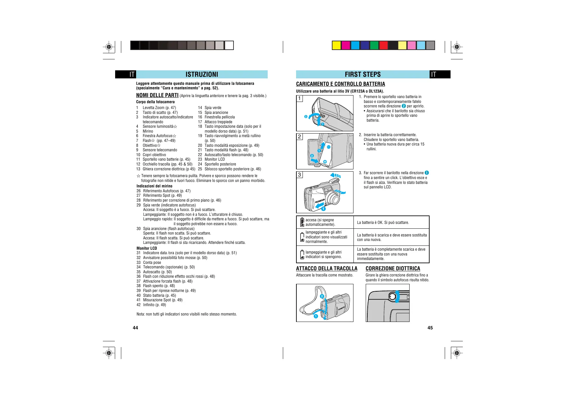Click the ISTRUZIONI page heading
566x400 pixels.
pos(202,75)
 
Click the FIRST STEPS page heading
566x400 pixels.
pos(362,75)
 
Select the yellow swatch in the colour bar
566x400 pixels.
pos(336,45)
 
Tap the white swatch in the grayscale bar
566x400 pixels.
pos(229,45)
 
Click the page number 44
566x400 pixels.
pos(135,328)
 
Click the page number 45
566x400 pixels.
pos(430,328)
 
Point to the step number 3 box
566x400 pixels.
pos(300,175)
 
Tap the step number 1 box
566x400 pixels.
pos(300,98)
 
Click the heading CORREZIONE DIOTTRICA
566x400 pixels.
pos(393,268)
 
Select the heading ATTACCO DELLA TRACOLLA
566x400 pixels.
pos(327,268)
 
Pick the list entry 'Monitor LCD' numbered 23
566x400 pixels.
pos(214,159)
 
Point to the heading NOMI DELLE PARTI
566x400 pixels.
pos(157,95)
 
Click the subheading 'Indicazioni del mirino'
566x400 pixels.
pos(154,186)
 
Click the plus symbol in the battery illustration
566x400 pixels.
pos(325,162)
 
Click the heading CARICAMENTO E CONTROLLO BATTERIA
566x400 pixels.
pos(340,84)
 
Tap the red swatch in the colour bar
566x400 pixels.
pos(383,45)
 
